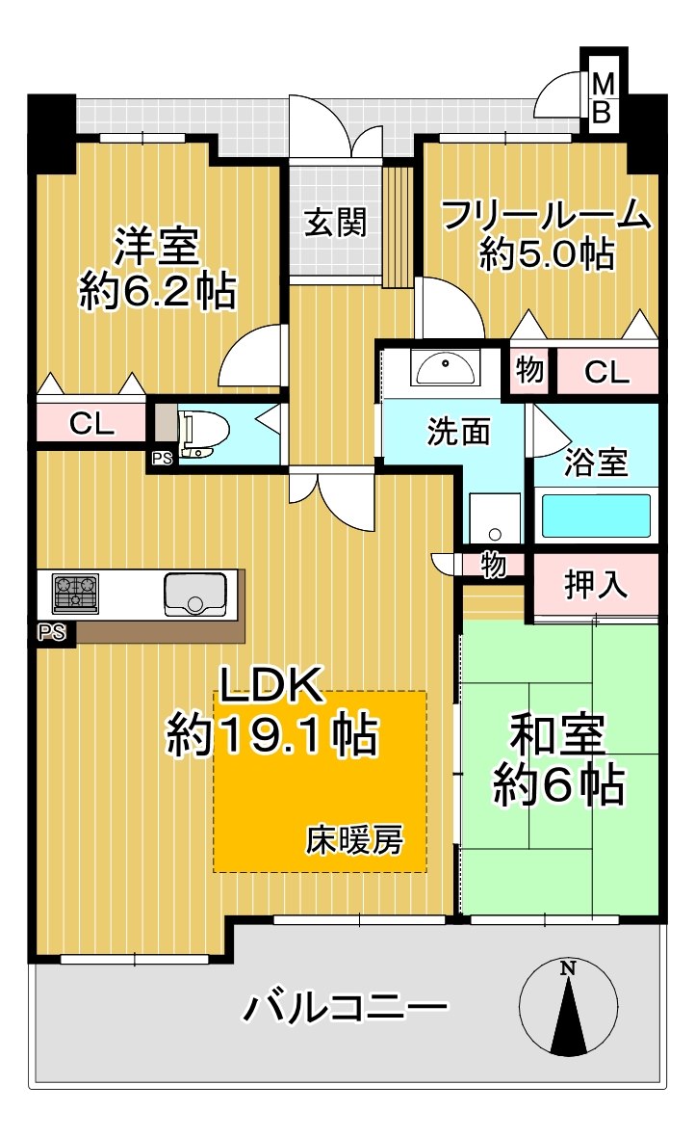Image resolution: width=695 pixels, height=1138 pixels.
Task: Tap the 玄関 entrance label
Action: (x=336, y=223)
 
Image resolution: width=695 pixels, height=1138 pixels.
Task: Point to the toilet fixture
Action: (x=202, y=434)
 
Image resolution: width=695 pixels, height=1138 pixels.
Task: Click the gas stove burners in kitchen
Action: (x=75, y=593)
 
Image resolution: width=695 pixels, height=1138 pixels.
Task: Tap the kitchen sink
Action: (x=195, y=594)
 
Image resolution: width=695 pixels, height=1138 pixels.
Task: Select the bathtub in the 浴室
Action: (x=596, y=516)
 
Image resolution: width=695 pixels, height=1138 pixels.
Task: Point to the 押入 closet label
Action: (x=595, y=585)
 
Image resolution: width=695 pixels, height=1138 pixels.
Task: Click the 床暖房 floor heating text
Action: (x=354, y=840)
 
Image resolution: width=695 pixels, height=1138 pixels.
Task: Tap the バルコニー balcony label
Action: (x=346, y=1009)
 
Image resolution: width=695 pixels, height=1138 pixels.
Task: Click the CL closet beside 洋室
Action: (x=92, y=422)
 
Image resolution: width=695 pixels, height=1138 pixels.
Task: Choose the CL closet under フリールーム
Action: (x=607, y=370)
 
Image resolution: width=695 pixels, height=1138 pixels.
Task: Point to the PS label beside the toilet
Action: (x=162, y=460)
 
